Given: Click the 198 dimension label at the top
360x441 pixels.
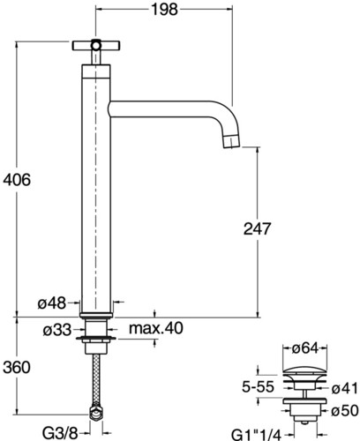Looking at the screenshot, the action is pyautogui.click(x=164, y=10).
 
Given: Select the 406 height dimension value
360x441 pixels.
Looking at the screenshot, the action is pyautogui.click(x=17, y=179).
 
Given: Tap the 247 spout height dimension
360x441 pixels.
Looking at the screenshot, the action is pyautogui.click(x=257, y=228).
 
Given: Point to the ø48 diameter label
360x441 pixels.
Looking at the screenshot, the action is pyautogui.click(x=52, y=303).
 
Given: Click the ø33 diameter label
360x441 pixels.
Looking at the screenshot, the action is pyautogui.click(x=57, y=330).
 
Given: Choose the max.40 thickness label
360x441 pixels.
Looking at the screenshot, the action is pyautogui.click(x=156, y=328).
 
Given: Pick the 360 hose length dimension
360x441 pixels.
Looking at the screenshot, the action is pyautogui.click(x=17, y=367).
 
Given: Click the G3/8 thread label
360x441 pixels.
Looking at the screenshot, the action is pyautogui.click(x=60, y=432).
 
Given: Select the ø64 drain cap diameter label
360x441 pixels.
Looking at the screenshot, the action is pyautogui.click(x=305, y=348).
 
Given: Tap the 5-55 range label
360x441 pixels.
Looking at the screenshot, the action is pyautogui.click(x=258, y=386).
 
